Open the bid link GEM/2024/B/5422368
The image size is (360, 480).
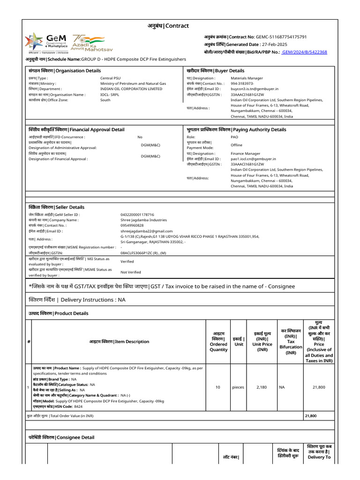[304, 52]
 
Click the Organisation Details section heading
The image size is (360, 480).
[65, 71]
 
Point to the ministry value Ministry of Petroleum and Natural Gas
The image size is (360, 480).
[133, 83]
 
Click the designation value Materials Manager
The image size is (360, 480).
[247, 78]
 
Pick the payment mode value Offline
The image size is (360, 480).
[237, 145]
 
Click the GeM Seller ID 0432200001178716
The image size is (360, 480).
[137, 215]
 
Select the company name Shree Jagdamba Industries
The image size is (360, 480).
[143, 220]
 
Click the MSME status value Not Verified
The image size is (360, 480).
[131, 272]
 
